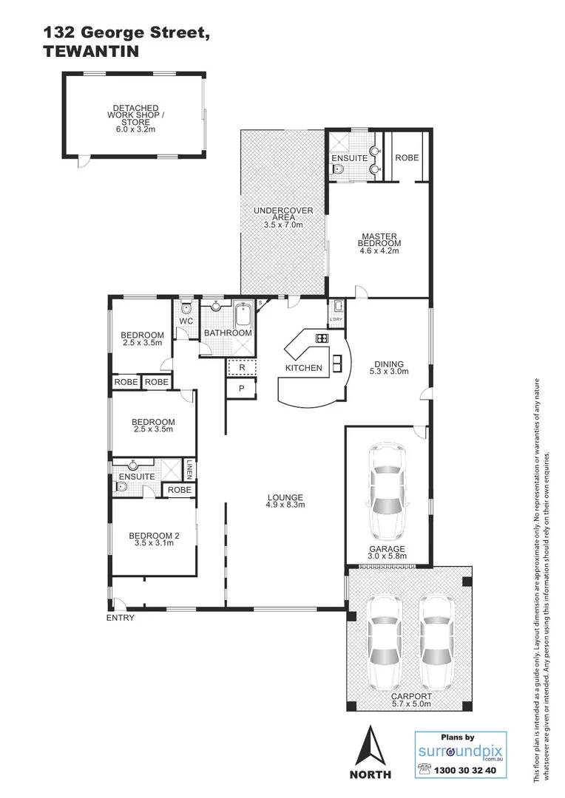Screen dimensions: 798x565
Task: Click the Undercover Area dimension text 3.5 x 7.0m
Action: pyautogui.click(x=283, y=225)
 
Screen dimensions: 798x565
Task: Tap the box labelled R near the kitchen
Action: pyautogui.click(x=241, y=366)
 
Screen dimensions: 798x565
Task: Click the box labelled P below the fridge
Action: pyautogui.click(x=241, y=389)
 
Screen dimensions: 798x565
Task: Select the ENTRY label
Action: pyautogui.click(x=121, y=618)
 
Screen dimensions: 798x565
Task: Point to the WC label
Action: pyautogui.click(x=186, y=321)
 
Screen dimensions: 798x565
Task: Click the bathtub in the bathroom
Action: pyautogui.click(x=243, y=316)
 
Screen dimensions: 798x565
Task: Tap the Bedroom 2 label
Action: pyautogui.click(x=153, y=536)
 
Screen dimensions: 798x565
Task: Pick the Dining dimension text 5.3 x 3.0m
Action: pyautogui.click(x=389, y=372)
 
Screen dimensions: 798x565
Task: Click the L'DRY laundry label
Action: pyautogui.click(x=336, y=319)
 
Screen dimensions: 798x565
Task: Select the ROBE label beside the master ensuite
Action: pyautogui.click(x=407, y=158)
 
